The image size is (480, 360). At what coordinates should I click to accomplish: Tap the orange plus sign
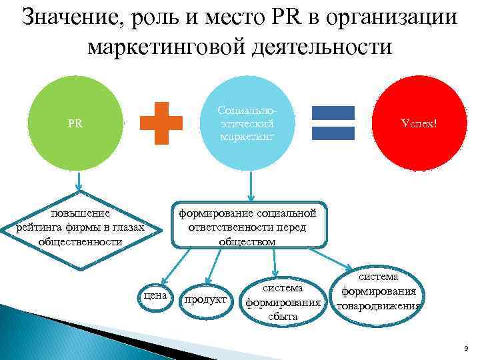pos(161,123)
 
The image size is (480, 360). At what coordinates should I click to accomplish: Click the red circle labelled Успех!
pos(419,124)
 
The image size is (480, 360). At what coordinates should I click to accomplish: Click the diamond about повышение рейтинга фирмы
pos(80,227)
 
